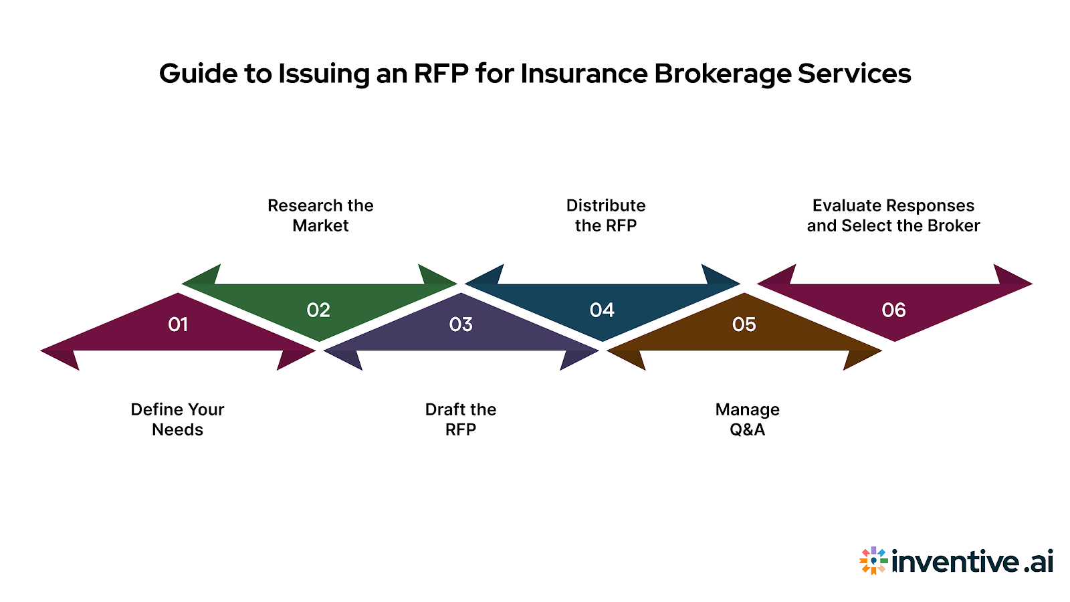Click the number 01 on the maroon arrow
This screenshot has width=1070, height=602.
178,324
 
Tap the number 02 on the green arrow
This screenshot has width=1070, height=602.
318,310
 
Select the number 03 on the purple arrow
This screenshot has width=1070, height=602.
461,324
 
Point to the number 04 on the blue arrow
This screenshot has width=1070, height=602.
602,310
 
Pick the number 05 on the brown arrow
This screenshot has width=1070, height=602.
744,324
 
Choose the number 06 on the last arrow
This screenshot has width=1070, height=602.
893,310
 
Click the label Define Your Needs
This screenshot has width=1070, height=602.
177,419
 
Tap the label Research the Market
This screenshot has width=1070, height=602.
320,215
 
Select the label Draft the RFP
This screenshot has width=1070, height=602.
461,419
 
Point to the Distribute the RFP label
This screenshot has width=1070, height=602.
606,215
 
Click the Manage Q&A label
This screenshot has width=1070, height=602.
747,419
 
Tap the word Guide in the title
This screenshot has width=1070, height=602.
197,74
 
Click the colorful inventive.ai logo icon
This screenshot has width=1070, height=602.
873,561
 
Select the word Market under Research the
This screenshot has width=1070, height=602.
320,226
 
